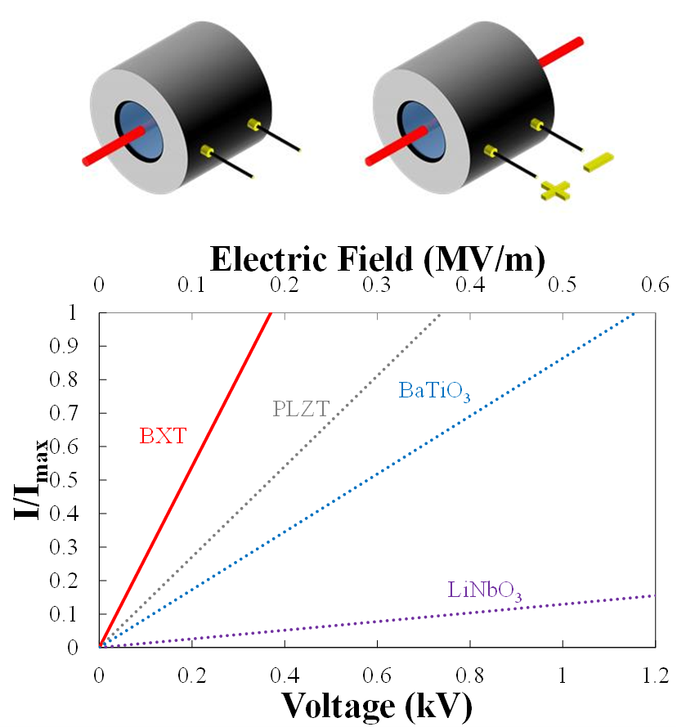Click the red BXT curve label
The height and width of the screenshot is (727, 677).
click(162, 437)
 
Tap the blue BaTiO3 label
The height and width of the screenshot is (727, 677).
click(434, 391)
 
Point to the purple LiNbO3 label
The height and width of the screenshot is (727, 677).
click(485, 590)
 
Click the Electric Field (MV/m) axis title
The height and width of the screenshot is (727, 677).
click(377, 259)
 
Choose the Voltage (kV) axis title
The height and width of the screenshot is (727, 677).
click(377, 705)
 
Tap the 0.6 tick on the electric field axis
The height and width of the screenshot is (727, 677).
click(656, 285)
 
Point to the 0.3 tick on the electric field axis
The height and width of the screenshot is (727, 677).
click(377, 285)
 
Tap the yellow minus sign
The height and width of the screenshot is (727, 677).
click(598, 162)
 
